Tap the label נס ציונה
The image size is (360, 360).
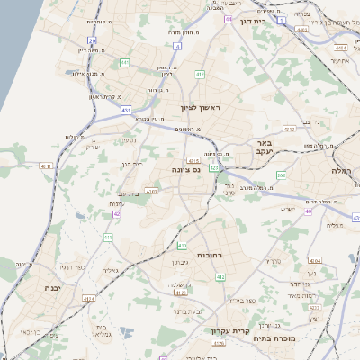click(184, 168)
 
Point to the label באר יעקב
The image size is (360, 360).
click(265, 148)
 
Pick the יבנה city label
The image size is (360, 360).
click(39, 287)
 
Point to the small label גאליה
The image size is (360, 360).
click(111, 269)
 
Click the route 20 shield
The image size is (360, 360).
click(93, 40)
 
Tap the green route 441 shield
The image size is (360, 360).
click(125, 62)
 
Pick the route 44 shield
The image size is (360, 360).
click(229, 17)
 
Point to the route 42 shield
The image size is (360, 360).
click(115, 213)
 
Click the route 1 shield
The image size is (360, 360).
click(282, 18)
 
